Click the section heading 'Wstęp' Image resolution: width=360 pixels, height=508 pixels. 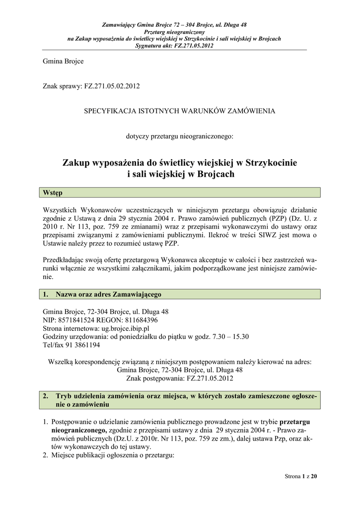click(53, 192)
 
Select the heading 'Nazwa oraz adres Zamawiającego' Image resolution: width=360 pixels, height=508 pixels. click(109, 294)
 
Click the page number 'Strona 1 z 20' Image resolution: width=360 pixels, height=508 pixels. click(300, 477)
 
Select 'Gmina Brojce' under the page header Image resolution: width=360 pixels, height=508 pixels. click(63, 62)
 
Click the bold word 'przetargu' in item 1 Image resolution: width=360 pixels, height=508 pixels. click(295, 422)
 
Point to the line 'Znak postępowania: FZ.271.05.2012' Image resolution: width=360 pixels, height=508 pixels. click(179, 378)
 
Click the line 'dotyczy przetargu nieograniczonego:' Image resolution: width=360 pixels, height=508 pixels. click(179, 136)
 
